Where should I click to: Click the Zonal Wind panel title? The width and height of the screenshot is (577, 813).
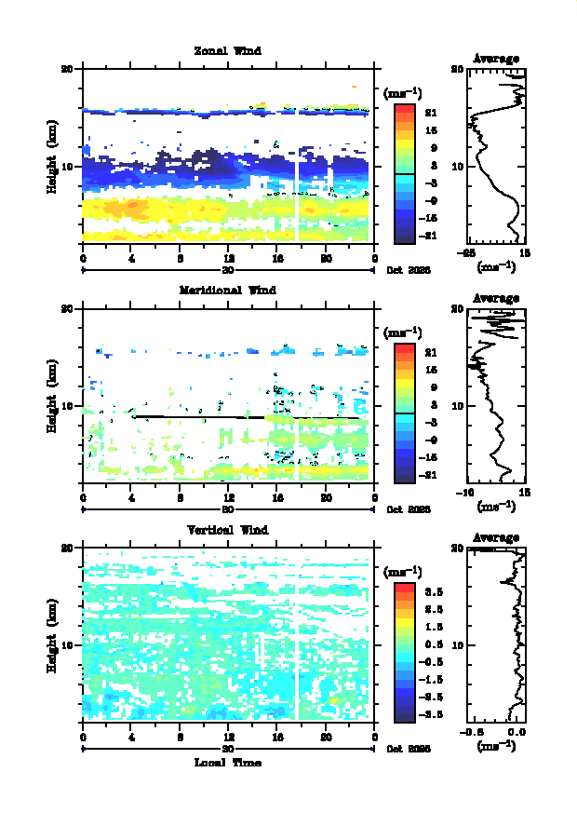click(x=227, y=50)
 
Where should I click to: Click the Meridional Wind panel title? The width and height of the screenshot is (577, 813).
click(x=227, y=290)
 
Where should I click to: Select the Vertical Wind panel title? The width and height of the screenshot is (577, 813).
click(x=227, y=530)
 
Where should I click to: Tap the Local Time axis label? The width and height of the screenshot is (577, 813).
click(x=227, y=763)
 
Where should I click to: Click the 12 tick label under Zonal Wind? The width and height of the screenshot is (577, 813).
click(x=229, y=258)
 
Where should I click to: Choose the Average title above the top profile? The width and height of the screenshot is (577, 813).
click(x=496, y=59)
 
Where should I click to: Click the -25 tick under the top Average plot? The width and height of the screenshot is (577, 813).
click(x=470, y=252)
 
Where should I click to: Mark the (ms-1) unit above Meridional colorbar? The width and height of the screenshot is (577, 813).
click(x=403, y=332)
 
